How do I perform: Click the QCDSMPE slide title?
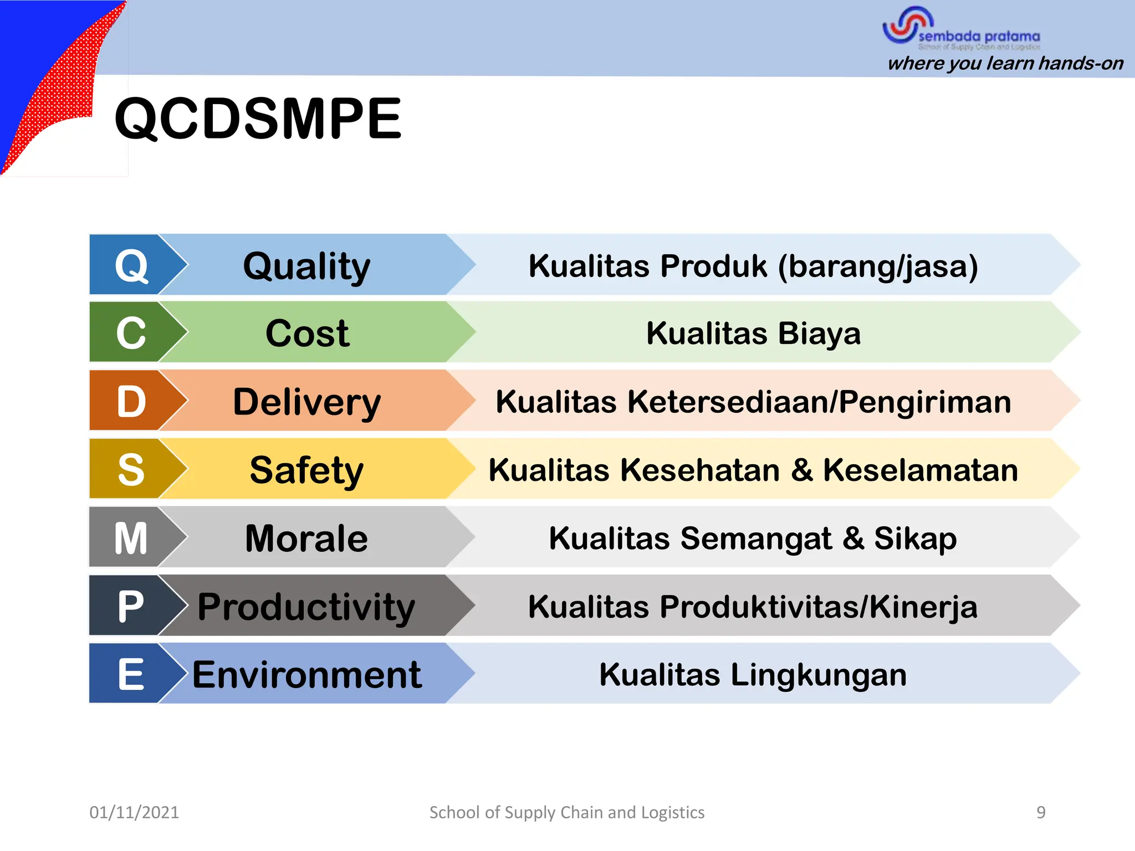pyautogui.click(x=258, y=119)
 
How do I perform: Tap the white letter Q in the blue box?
pyautogui.click(x=131, y=266)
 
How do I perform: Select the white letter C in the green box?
pyautogui.click(x=131, y=334)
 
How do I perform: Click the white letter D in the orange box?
pyautogui.click(x=131, y=402)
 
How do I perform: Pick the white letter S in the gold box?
pyautogui.click(x=131, y=470)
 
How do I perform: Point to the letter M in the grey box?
pyautogui.click(x=131, y=538)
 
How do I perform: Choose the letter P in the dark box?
pyautogui.click(x=131, y=606)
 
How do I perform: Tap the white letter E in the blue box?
pyautogui.click(x=131, y=674)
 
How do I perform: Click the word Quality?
pyautogui.click(x=306, y=267)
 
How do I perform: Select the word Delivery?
pyautogui.click(x=306, y=402)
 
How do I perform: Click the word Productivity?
pyautogui.click(x=306, y=607)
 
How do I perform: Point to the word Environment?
pyautogui.click(x=306, y=675)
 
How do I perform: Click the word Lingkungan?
pyautogui.click(x=818, y=675)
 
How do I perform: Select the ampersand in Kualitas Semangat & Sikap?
pyautogui.click(x=853, y=539)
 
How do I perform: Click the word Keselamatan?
pyautogui.click(x=920, y=470)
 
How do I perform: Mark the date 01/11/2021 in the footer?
pyautogui.click(x=134, y=812)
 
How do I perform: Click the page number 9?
pyautogui.click(x=1041, y=812)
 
